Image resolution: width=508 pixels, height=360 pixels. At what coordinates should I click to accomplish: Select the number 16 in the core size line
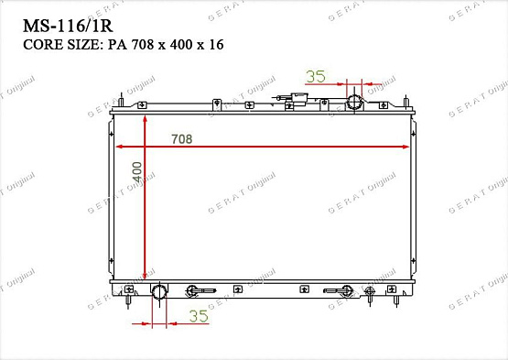pos(216,44)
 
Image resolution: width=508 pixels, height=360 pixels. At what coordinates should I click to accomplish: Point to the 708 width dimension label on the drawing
pos(181,138)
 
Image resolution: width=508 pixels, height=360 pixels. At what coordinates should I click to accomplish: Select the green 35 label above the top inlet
pos(316,77)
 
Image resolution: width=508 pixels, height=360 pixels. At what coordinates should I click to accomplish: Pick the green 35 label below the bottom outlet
pos(199,317)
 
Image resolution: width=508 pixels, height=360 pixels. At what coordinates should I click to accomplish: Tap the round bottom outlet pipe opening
pos(160,292)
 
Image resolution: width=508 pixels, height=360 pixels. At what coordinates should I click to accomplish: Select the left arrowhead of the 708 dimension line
pos(117,147)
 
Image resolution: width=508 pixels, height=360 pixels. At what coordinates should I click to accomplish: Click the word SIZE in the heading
pos(80,44)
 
